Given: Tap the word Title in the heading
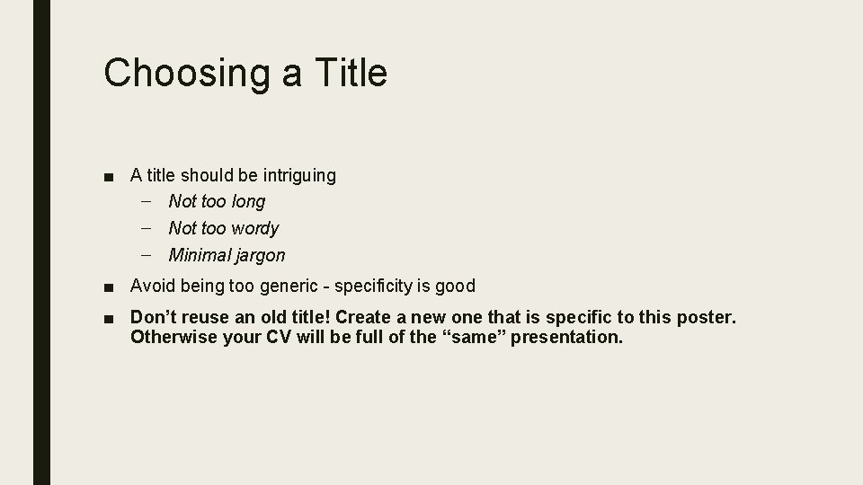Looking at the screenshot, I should [350, 72].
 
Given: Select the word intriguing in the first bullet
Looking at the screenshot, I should [294, 176].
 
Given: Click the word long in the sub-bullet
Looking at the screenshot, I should [248, 202].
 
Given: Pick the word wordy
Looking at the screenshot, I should [255, 229].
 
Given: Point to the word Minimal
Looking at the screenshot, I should [200, 255].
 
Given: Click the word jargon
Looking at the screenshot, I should [261, 256].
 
